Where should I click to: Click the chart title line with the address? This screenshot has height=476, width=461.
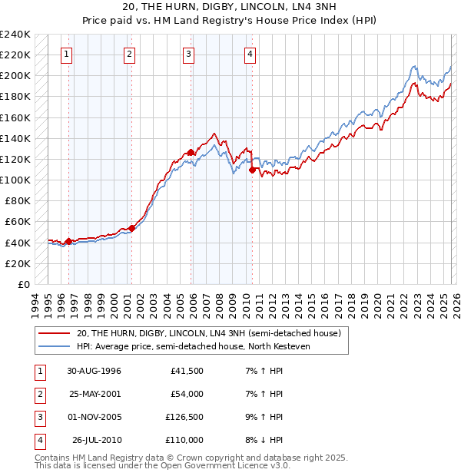(x=230, y=7)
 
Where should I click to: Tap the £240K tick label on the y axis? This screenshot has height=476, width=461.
(x=15, y=35)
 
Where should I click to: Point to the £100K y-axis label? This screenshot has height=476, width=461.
(x=15, y=180)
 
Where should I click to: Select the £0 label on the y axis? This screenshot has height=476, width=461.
(x=23, y=284)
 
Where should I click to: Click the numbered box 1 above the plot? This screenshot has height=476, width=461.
(x=68, y=54)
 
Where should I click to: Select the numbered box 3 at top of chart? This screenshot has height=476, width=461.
(x=189, y=54)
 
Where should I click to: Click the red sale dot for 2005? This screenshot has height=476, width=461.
(x=191, y=153)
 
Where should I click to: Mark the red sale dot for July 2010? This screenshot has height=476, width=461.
(x=252, y=170)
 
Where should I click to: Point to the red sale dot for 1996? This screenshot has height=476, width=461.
(x=69, y=241)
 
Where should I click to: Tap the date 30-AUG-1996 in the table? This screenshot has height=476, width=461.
(x=95, y=371)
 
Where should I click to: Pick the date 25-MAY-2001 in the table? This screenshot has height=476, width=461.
(x=95, y=394)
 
